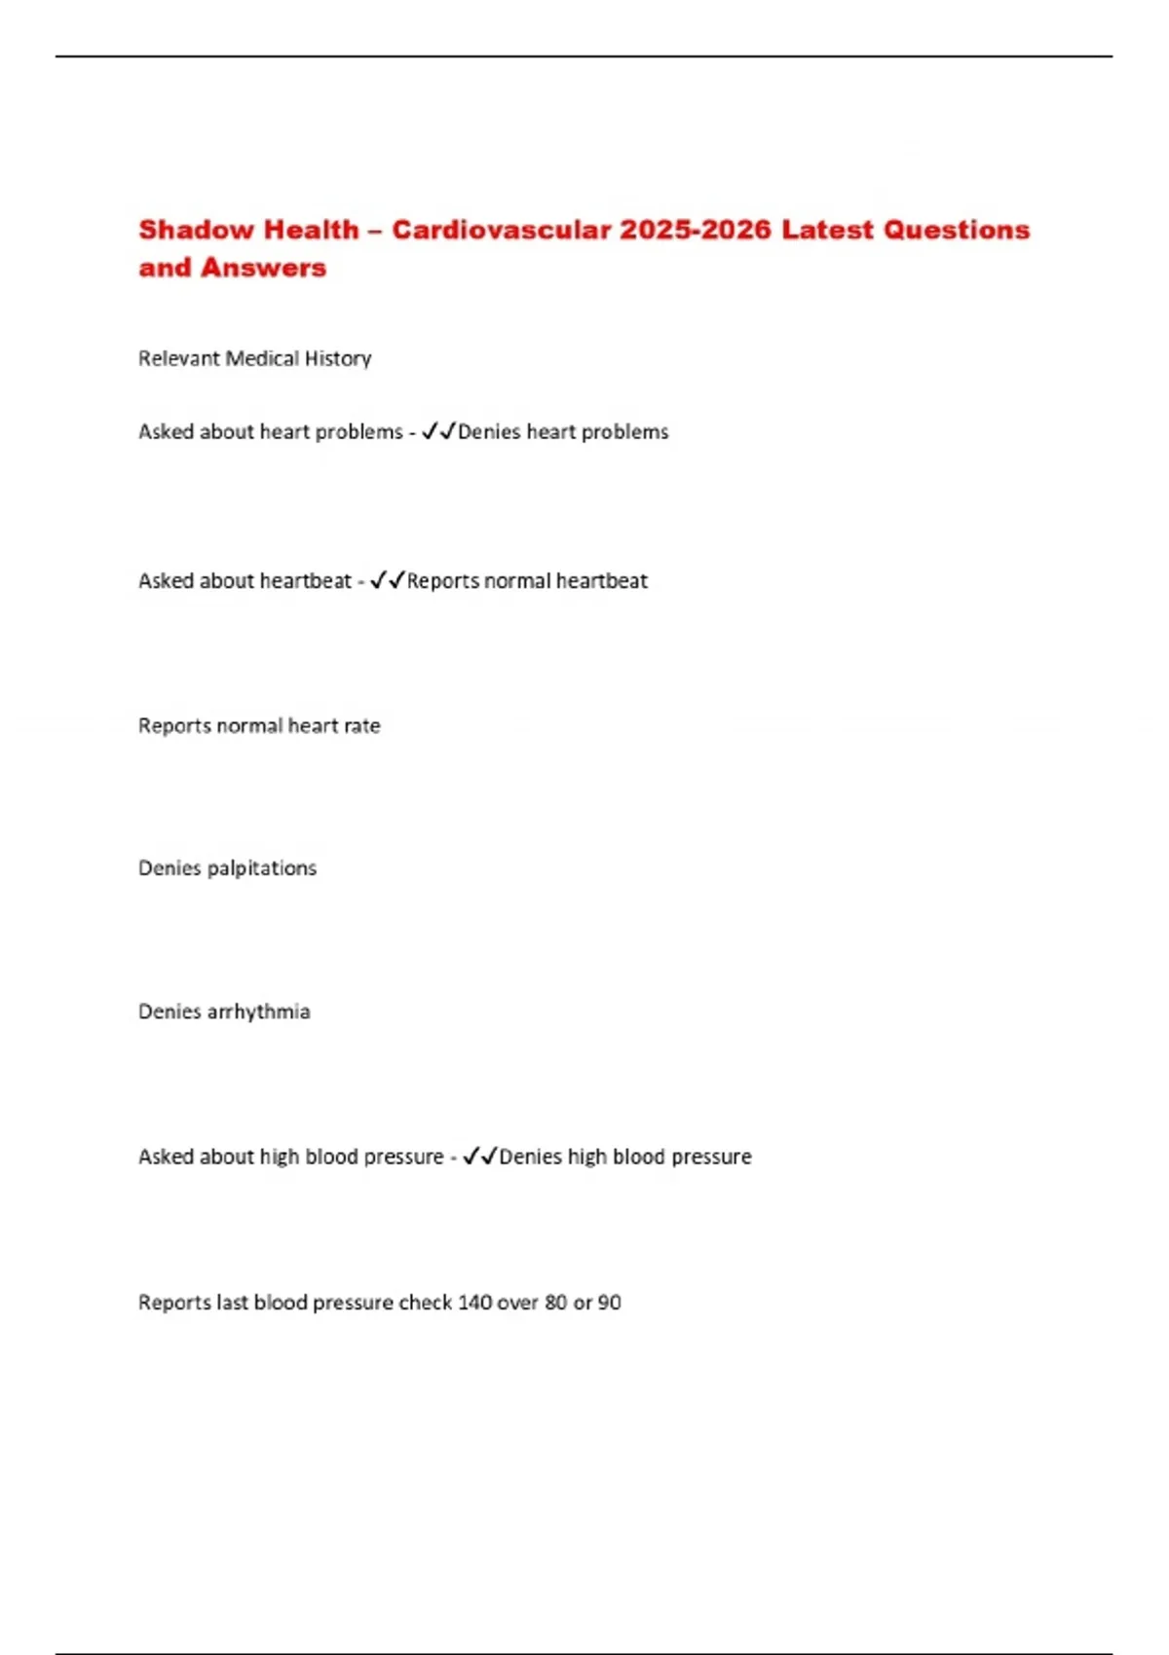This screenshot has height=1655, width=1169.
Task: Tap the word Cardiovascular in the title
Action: click(x=502, y=230)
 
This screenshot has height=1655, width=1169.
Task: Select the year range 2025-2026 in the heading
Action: click(x=696, y=230)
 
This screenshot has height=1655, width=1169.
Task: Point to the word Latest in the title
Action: click(x=827, y=230)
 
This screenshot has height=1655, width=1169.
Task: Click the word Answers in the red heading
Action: click(x=263, y=268)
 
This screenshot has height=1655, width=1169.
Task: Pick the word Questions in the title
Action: click(x=957, y=230)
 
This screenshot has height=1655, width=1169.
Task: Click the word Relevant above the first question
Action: click(x=179, y=358)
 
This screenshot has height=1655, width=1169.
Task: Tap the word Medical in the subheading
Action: click(x=262, y=358)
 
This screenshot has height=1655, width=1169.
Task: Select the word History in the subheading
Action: click(x=338, y=358)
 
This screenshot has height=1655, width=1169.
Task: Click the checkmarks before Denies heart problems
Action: click(x=438, y=431)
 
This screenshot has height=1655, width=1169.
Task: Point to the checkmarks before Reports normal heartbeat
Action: click(x=388, y=580)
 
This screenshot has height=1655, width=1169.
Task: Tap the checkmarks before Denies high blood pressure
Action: click(x=480, y=1156)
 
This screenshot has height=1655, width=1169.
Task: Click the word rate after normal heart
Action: click(x=361, y=725)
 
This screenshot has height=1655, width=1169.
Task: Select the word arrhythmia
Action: click(x=258, y=1011)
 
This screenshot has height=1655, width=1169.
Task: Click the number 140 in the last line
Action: click(x=474, y=1303)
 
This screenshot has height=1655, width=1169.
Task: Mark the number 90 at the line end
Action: click(x=609, y=1303)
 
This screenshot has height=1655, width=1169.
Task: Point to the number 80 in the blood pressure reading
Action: click(x=556, y=1303)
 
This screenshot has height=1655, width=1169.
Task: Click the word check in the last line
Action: click(x=425, y=1303)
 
